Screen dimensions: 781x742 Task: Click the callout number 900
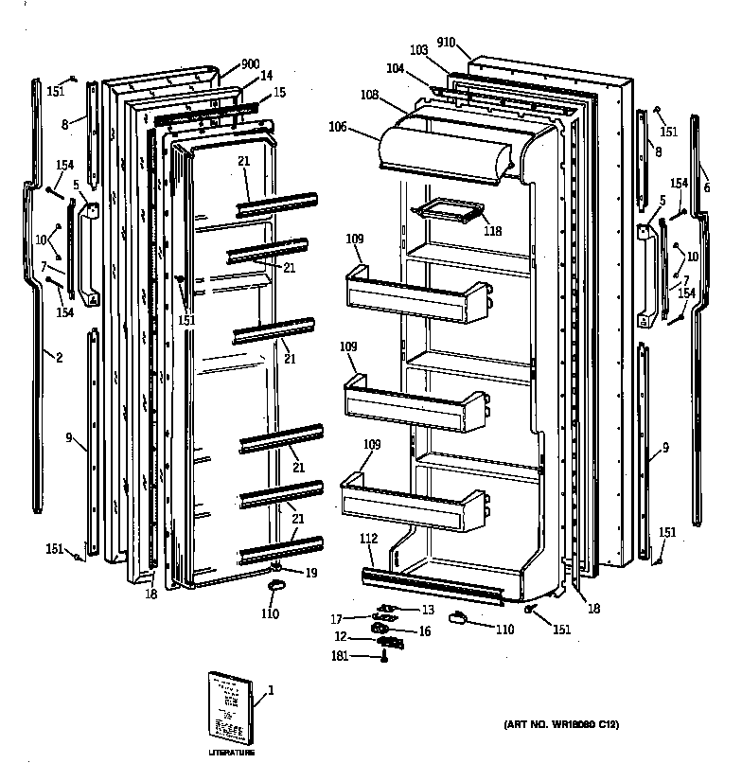click(250, 64)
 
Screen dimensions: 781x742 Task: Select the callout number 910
click(447, 43)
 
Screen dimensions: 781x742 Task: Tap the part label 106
click(338, 127)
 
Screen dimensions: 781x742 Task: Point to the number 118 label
click(492, 230)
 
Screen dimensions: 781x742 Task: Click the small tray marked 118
click(449, 213)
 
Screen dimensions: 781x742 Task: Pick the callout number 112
click(369, 539)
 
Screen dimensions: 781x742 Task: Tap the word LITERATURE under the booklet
click(232, 753)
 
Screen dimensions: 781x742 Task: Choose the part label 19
click(310, 573)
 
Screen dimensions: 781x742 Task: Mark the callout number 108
click(369, 96)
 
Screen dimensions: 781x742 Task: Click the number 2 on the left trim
click(59, 357)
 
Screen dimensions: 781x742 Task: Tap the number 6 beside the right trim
click(706, 188)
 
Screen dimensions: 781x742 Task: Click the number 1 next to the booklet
click(271, 689)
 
